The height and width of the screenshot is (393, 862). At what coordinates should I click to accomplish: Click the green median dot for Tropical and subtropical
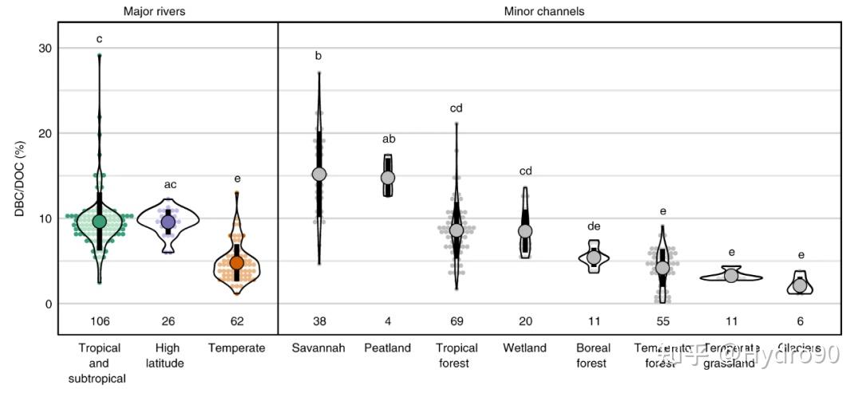(99, 221)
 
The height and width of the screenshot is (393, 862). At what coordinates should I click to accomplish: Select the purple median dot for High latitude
(168, 222)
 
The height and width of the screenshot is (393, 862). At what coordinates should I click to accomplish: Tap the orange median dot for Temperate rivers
(237, 262)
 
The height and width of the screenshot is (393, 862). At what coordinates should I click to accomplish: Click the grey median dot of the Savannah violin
(319, 174)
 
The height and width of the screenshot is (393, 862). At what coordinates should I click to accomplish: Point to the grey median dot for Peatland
(388, 177)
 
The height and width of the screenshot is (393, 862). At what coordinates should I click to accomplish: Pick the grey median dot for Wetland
(525, 231)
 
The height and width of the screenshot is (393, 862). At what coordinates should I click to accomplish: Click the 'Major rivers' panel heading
(160, 11)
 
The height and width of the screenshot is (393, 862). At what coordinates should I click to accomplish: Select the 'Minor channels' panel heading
(544, 11)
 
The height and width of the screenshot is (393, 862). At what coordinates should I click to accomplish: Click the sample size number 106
(99, 321)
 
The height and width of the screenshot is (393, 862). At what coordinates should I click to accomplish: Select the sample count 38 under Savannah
(319, 321)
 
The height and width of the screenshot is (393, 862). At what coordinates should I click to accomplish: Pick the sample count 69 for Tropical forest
(457, 321)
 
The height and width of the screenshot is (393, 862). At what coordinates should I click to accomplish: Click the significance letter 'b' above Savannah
(318, 56)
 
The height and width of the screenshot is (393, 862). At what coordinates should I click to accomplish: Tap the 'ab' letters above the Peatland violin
(389, 139)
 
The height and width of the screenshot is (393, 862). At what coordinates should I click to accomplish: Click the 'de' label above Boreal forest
(594, 226)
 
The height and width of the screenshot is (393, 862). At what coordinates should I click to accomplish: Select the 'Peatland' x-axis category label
(388, 348)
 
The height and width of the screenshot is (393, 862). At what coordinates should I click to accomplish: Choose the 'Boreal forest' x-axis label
(594, 356)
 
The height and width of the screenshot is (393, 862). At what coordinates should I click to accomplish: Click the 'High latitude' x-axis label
(168, 356)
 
